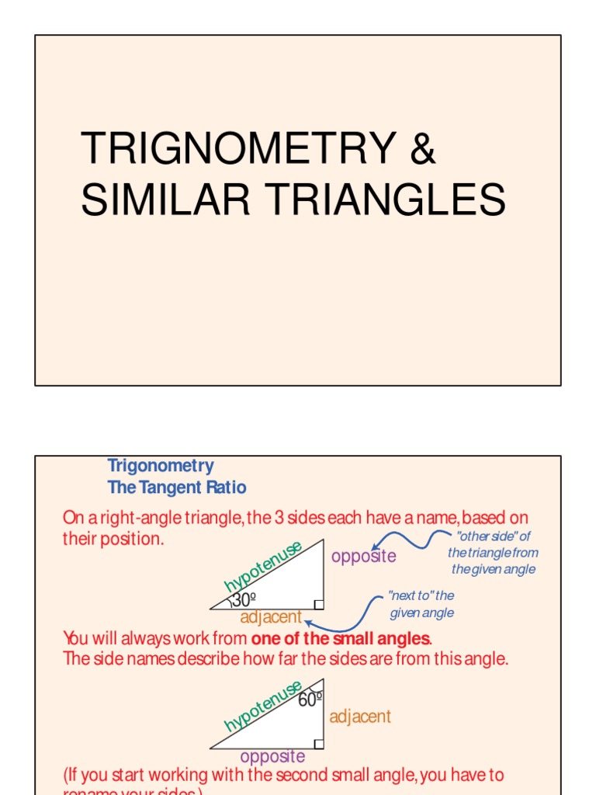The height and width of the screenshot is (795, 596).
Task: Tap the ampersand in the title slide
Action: click(422, 149)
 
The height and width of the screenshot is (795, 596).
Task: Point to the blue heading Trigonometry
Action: click(161, 466)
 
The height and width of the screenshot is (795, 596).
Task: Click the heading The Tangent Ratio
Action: click(177, 488)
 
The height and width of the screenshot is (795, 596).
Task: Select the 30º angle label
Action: click(244, 600)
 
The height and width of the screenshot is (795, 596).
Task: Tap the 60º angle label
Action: click(310, 699)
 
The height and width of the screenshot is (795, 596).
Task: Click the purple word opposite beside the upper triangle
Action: click(363, 556)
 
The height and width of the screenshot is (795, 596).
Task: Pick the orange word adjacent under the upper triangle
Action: click(271, 618)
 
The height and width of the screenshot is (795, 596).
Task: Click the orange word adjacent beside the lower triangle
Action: click(360, 717)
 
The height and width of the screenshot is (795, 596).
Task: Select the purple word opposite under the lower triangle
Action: click(272, 756)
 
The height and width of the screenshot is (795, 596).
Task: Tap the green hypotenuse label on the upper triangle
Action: click(262, 565)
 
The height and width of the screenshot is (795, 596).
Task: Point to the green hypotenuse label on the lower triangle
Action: click(262, 705)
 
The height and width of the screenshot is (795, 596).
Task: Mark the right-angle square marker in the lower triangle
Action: click(318, 743)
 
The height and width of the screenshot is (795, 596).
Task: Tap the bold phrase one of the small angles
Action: click(340, 639)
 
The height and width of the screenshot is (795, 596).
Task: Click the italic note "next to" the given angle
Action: click(421, 604)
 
